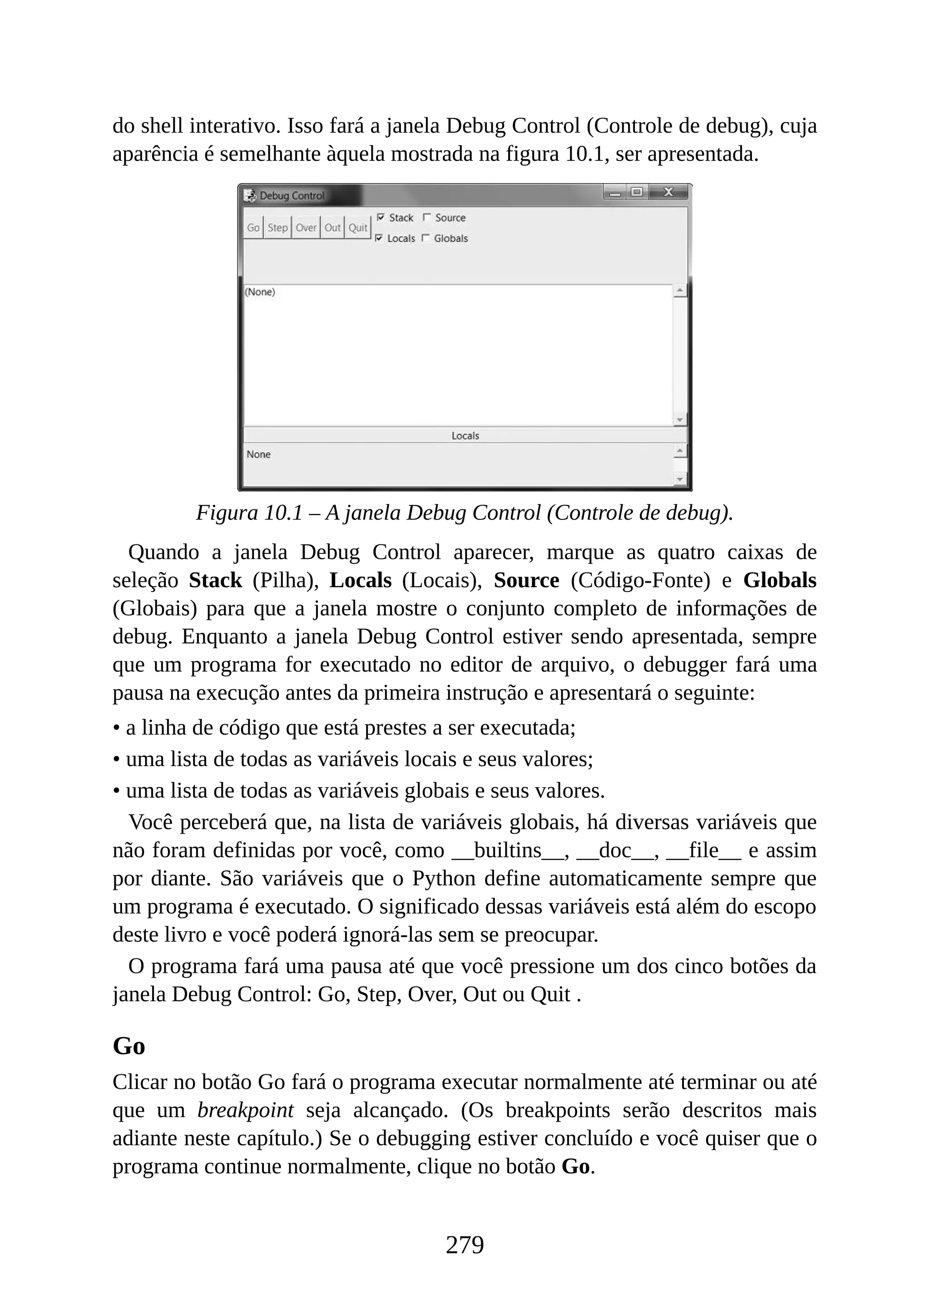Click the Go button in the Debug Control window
pyautogui.click(x=253, y=227)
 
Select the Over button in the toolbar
pyautogui.click(x=306, y=227)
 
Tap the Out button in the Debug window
pyautogui.click(x=332, y=227)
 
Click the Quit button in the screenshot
pyautogui.click(x=358, y=227)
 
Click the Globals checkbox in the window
pyautogui.click(x=425, y=238)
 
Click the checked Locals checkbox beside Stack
pyautogui.click(x=379, y=238)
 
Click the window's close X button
pyautogui.click(x=668, y=193)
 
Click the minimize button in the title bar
pyautogui.click(x=615, y=193)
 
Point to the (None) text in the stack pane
pyautogui.click(x=260, y=292)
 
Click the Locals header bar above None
pyautogui.click(x=465, y=436)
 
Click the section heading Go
pyautogui.click(x=129, y=1046)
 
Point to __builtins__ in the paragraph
pyautogui.click(x=507, y=850)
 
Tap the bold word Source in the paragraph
pyautogui.click(x=526, y=581)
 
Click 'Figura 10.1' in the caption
pyautogui.click(x=249, y=513)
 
